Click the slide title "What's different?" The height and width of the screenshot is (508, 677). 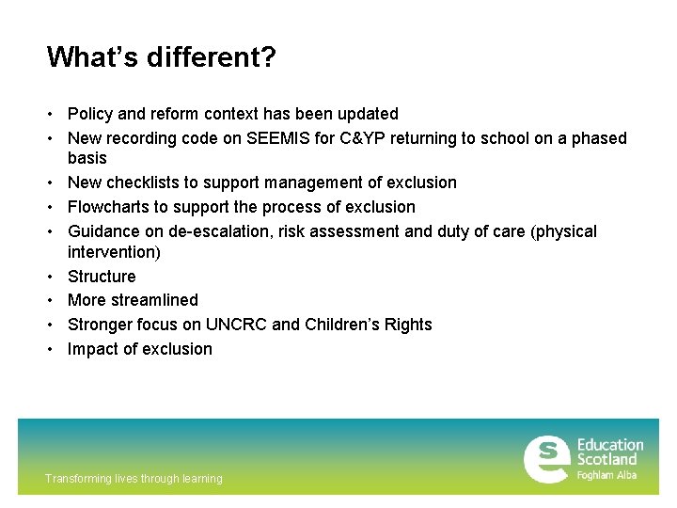[161, 58]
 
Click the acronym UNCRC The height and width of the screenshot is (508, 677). [237, 325]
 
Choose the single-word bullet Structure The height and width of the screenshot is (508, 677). [102, 277]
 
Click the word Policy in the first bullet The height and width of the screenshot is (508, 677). [90, 114]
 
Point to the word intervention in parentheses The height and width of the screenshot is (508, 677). [112, 252]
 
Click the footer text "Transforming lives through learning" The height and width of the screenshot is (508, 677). [134, 479]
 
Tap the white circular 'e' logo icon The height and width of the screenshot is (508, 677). [546, 459]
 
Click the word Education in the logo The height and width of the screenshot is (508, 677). [609, 445]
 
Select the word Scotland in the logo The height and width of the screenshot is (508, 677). [606, 459]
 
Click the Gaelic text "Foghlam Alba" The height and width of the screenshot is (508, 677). [606, 475]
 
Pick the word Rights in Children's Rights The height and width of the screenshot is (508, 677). [406, 325]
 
